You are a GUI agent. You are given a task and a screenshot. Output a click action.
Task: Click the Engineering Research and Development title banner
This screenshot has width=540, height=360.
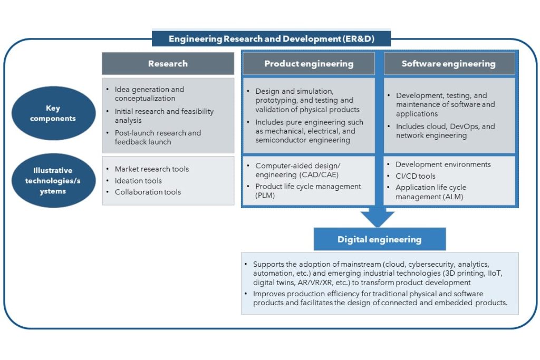point(272,39)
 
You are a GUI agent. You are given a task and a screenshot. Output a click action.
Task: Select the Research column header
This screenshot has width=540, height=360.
point(168,64)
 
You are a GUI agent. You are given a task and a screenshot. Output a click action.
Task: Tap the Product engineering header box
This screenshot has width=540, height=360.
point(308,64)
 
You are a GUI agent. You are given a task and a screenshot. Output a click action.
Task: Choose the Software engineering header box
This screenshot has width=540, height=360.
point(448,64)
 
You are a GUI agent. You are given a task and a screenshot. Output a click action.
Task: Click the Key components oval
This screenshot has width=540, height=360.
point(53,113)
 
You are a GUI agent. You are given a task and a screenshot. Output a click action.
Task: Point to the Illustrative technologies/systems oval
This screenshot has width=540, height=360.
point(53,180)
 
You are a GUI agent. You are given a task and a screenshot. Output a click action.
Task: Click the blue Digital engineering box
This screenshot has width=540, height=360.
point(379,239)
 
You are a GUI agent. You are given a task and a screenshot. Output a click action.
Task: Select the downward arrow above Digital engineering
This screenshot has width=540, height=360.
point(378,216)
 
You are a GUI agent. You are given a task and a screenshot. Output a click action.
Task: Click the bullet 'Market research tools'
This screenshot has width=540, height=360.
point(151,169)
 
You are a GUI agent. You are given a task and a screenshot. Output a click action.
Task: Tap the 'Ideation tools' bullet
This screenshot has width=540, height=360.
point(138,181)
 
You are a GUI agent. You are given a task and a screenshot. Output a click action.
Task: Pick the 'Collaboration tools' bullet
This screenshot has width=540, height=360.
point(148,192)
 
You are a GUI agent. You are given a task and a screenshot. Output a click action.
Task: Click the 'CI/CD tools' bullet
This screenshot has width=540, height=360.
point(416,176)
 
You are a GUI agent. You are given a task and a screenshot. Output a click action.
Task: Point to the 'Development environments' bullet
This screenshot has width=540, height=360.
point(443,164)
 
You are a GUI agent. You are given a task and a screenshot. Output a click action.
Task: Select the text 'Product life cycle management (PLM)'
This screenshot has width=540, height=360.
point(308,191)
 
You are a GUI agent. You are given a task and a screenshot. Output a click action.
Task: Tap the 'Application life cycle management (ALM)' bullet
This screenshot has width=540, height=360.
point(431,192)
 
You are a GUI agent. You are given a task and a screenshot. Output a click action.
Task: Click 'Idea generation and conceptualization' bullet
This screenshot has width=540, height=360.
point(149,94)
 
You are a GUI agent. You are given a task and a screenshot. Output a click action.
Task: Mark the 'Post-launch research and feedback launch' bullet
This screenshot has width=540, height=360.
point(158,137)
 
